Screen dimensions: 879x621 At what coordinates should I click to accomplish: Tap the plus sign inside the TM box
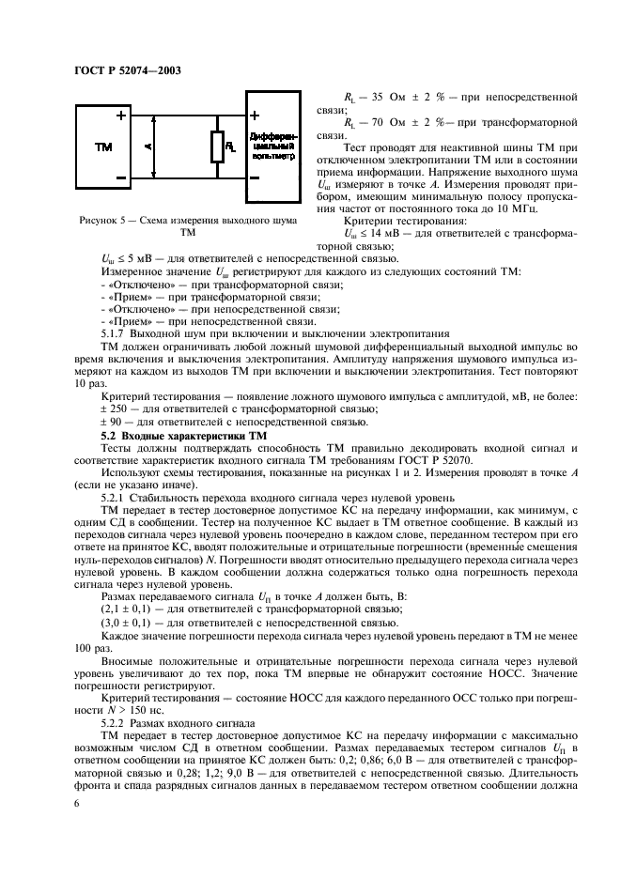pos(121,116)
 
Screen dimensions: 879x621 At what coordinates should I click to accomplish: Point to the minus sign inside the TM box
pos(121,177)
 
